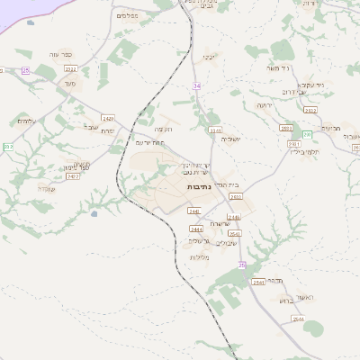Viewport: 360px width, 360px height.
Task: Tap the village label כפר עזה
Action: point(64,53)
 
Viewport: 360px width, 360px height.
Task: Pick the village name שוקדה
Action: point(48,188)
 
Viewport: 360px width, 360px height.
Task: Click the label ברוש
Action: point(312,301)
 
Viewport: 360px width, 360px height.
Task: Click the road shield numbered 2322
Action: point(71,68)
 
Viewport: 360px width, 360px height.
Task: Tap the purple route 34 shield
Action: point(196,85)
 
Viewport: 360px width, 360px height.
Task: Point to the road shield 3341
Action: point(215,130)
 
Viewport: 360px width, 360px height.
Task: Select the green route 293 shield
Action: point(307,134)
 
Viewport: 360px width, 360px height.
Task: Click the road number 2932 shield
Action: point(310,110)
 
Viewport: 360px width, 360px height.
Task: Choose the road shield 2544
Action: point(298,319)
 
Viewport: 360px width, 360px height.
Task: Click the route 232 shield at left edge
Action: point(7,147)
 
